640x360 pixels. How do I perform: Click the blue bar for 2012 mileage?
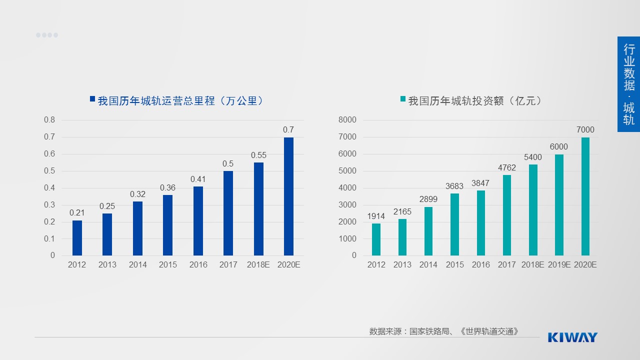[77, 238]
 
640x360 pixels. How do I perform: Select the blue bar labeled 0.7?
[288, 196]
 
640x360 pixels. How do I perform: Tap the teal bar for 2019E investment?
[559, 205]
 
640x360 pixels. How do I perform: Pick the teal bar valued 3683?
[454, 224]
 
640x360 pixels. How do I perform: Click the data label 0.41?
[198, 179]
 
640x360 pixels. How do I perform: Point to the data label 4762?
[507, 168]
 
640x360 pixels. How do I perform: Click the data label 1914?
[376, 216]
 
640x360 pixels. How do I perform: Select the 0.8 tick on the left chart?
[49, 120]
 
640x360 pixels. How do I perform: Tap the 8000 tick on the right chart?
[347, 120]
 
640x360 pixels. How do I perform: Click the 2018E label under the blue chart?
[258, 265]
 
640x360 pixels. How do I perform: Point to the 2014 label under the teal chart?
[428, 265]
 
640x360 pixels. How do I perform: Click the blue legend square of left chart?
[92, 99]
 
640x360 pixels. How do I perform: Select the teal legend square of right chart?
[402, 99]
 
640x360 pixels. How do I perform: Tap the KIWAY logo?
[572, 337]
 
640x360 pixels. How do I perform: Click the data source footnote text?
[444, 331]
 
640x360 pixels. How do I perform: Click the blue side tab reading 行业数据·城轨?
[628, 84]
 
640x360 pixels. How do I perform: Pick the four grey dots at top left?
[47, 35]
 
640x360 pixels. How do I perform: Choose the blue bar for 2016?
[198, 221]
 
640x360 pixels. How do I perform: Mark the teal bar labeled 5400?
[533, 210]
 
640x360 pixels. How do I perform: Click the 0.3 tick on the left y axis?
[49, 205]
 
